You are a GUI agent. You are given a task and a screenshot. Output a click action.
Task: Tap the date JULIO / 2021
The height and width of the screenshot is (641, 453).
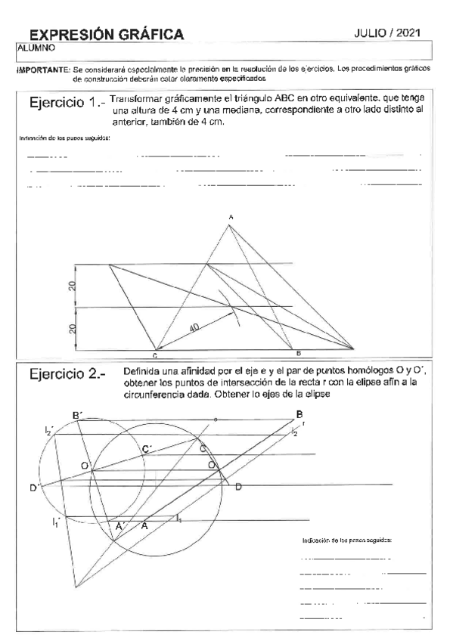coord(387,33)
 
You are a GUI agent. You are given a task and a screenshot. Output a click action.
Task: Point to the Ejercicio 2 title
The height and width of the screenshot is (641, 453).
coord(67,373)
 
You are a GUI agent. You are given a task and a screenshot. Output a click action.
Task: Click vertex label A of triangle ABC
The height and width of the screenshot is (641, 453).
coord(231,218)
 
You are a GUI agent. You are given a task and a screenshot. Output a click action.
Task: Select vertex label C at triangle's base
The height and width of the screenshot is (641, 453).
coord(154,355)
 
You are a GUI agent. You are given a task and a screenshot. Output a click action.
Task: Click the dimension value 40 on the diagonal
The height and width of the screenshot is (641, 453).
coord(194,327)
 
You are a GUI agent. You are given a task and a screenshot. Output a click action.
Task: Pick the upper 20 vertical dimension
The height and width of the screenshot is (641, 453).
coord(70,286)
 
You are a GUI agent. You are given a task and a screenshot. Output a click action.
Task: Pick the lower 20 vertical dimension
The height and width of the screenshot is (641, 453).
coord(70,329)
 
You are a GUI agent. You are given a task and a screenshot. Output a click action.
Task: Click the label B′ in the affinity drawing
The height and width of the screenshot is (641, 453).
coord(77,415)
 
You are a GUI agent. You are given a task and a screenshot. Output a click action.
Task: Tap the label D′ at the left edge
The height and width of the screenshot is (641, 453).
coord(34,488)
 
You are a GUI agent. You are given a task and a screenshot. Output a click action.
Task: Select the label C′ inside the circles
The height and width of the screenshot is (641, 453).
coord(147,450)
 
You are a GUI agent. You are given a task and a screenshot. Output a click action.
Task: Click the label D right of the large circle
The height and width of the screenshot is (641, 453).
coord(237,486)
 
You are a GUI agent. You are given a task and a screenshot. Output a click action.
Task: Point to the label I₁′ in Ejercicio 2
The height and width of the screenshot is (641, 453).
coord(56,521)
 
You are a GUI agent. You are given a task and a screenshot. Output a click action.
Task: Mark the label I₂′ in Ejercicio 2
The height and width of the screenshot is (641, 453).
coord(48,430)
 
